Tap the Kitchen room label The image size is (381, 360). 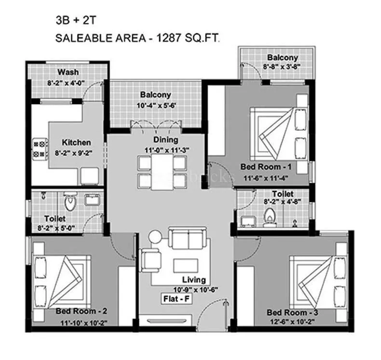(76, 143)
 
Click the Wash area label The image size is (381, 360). (68, 72)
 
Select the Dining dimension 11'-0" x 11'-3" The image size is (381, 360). (165, 149)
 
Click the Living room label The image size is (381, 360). (194, 280)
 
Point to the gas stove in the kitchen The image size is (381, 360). (40, 149)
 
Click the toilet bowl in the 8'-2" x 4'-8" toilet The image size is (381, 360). (269, 218)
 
